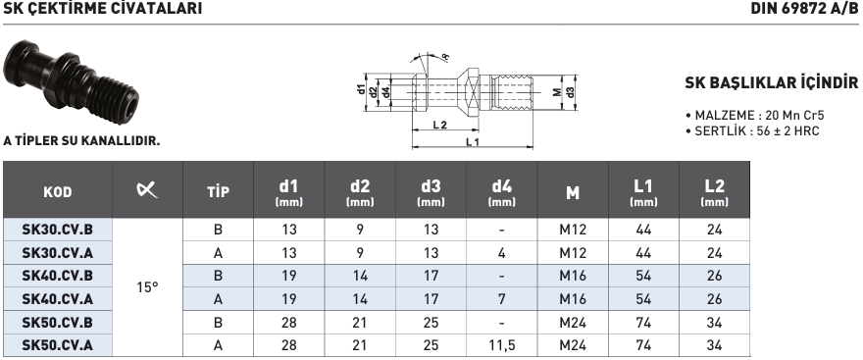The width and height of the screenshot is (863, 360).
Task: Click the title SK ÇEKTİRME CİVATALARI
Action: click(102, 8)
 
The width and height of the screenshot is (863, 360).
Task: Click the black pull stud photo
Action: click(72, 81)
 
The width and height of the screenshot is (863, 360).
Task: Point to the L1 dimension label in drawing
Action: click(473, 142)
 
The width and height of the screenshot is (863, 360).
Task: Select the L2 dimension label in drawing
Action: click(439, 125)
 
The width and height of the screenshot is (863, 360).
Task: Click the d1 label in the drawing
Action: click(362, 90)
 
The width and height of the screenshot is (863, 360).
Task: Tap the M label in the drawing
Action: click(558, 91)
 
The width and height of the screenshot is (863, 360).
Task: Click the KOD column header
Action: click(58, 192)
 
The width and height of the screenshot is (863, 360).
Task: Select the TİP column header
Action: click(218, 191)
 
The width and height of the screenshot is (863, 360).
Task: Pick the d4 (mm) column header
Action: click(502, 192)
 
